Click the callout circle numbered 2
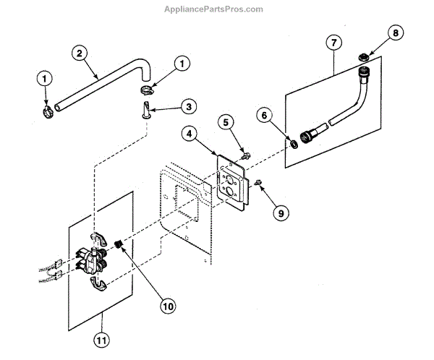(80, 52)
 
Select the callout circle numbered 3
(188, 107)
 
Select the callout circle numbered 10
(168, 307)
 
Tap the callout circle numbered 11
(101, 338)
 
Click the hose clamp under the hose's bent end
(145, 90)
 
